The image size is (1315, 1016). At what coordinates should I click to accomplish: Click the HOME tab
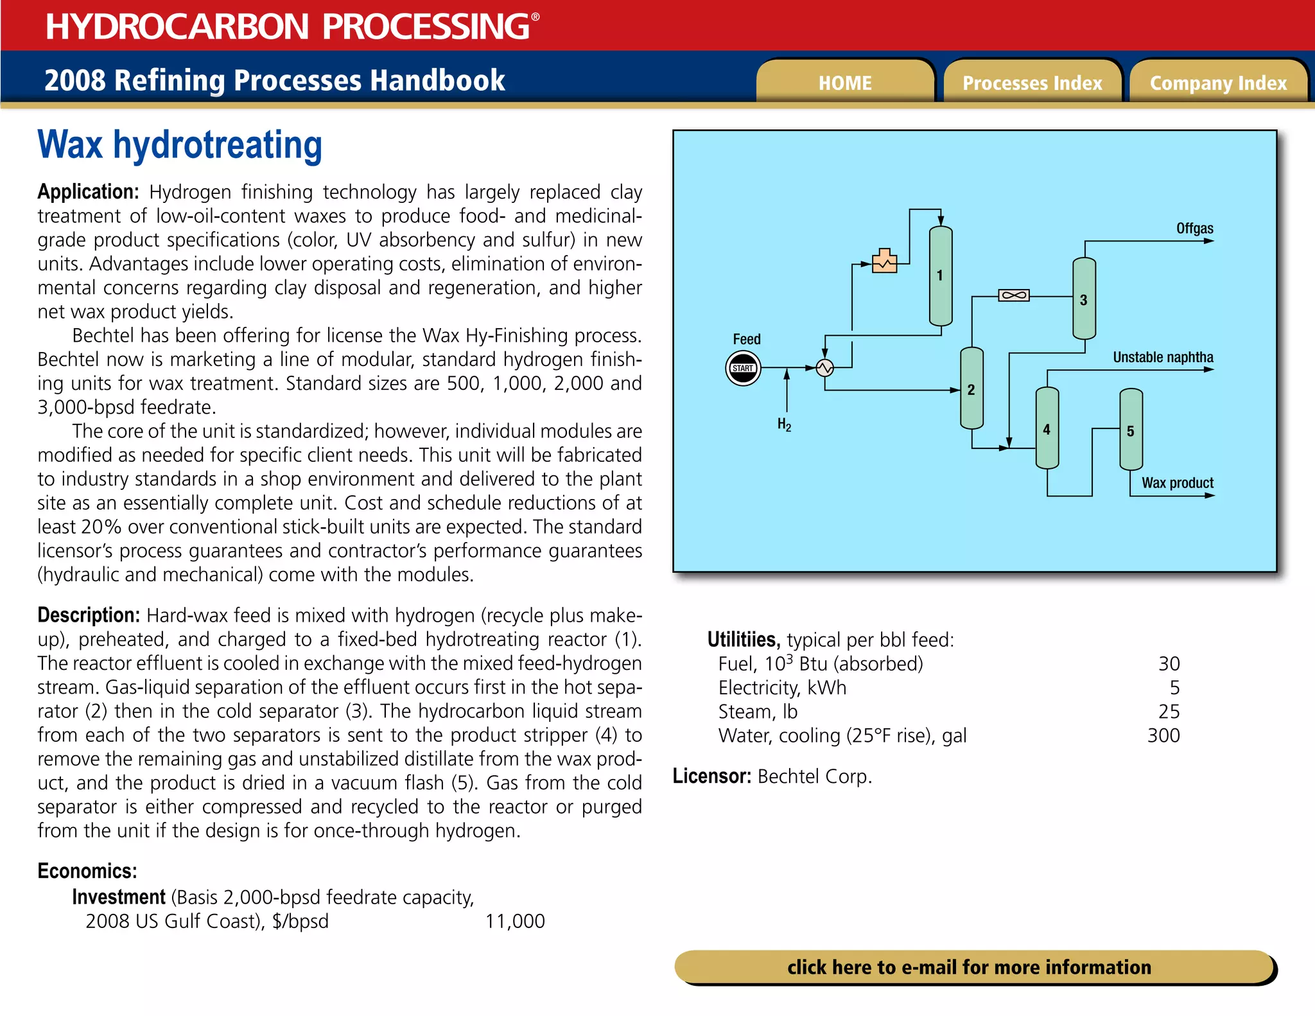pyautogui.click(x=845, y=83)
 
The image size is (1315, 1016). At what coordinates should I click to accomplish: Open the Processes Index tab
pyautogui.click(x=1032, y=83)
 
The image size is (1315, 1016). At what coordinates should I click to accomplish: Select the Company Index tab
pyautogui.click(x=1218, y=83)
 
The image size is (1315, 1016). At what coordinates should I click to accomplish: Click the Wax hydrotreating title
pyautogui.click(x=180, y=145)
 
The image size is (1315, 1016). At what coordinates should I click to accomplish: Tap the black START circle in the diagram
pyautogui.click(x=743, y=368)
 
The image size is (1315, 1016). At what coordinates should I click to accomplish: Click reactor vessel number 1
pyautogui.click(x=941, y=276)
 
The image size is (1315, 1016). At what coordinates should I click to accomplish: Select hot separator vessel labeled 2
pyautogui.click(x=971, y=389)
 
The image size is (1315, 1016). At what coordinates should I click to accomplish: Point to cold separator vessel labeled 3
pyautogui.click(x=1084, y=299)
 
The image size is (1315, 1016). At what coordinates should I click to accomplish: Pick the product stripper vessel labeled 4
pyautogui.click(x=1047, y=429)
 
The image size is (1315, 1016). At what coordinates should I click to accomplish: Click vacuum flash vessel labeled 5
pyautogui.click(x=1131, y=430)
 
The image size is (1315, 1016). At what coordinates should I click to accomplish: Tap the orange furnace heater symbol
pyautogui.click(x=884, y=261)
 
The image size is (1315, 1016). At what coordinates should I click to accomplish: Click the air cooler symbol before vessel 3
pyautogui.click(x=1014, y=295)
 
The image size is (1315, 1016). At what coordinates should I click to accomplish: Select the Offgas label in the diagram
pyautogui.click(x=1194, y=228)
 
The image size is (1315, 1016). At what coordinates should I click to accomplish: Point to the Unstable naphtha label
pyautogui.click(x=1163, y=357)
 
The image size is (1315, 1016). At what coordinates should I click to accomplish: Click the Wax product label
pyautogui.click(x=1177, y=483)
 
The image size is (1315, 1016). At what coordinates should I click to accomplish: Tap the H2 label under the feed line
pyautogui.click(x=784, y=425)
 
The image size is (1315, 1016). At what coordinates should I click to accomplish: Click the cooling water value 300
pyautogui.click(x=1163, y=735)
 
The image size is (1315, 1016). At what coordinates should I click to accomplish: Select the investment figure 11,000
pyautogui.click(x=514, y=921)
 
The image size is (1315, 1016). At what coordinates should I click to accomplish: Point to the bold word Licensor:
pyautogui.click(x=711, y=776)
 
